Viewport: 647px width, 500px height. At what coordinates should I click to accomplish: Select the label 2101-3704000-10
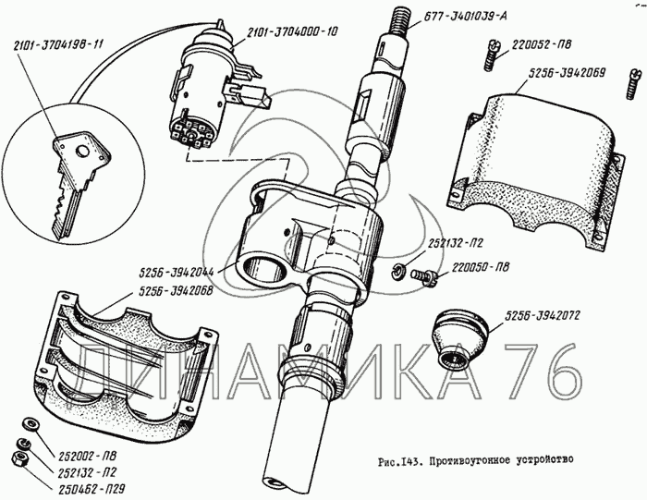(x=292, y=32)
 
